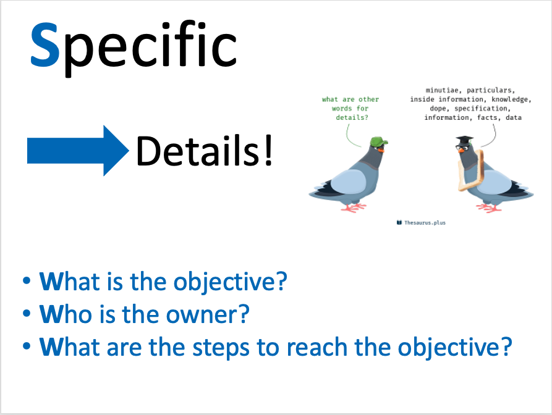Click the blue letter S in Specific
pyautogui.click(x=45, y=44)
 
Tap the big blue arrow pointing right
pyautogui.click(x=78, y=151)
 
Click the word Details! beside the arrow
pyautogui.click(x=204, y=150)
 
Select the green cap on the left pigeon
pyautogui.click(x=379, y=141)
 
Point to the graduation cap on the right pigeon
pyautogui.click(x=465, y=140)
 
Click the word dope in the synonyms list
pyautogui.click(x=438, y=109)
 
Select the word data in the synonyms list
pyautogui.click(x=513, y=117)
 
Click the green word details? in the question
pyautogui.click(x=352, y=117)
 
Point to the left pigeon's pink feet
pyautogui.click(x=354, y=207)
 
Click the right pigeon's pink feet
pyautogui.click(x=488, y=207)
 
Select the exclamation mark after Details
pyautogui.click(x=268, y=150)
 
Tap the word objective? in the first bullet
pyautogui.click(x=230, y=282)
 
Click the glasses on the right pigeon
pyautogui.click(x=463, y=148)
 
